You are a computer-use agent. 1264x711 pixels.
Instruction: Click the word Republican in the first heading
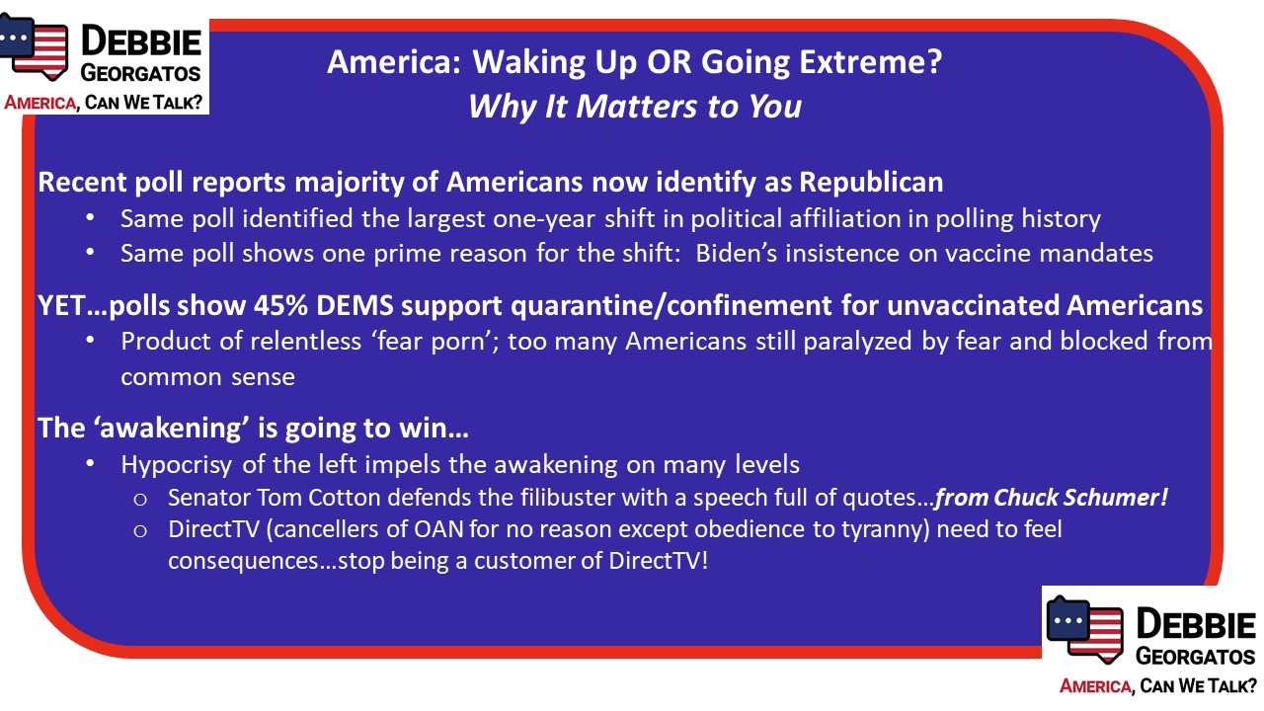(x=871, y=183)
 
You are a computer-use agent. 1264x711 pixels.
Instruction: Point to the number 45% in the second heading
(x=280, y=305)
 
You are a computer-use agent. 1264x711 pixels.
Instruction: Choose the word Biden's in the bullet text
(x=737, y=254)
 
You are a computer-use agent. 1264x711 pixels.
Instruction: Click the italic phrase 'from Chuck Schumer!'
(x=1052, y=498)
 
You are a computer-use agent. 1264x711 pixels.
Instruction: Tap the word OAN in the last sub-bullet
(x=437, y=529)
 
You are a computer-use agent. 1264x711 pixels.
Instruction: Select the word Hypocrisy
(x=176, y=465)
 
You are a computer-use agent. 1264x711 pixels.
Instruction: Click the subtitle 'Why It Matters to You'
(x=635, y=106)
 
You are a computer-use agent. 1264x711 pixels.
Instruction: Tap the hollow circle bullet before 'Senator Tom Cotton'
(x=140, y=500)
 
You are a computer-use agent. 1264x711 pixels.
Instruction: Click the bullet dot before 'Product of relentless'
(x=90, y=341)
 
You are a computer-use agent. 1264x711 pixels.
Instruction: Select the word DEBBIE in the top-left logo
(x=141, y=41)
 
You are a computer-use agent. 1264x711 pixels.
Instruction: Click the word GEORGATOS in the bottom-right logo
(x=1195, y=657)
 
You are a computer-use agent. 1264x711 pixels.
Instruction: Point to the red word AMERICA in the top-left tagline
(x=40, y=103)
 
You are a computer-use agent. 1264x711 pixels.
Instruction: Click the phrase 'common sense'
(x=207, y=377)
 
